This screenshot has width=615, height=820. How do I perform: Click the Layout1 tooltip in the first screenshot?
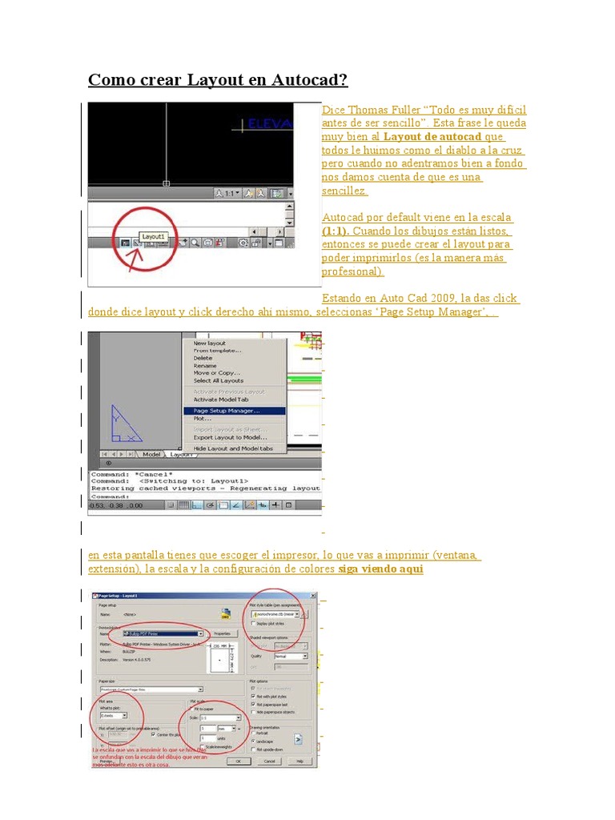point(153,237)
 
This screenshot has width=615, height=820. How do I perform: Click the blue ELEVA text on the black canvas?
point(271,124)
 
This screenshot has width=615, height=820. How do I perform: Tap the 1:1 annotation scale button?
point(228,193)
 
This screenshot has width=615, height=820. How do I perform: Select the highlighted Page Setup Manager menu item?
point(227,411)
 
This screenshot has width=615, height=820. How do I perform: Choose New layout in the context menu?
point(210,343)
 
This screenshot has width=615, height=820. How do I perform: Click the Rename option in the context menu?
point(205,365)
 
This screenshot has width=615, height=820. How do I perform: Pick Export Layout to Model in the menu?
point(230,437)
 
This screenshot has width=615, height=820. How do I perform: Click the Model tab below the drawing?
point(151,454)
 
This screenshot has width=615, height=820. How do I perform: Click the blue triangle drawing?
point(125,425)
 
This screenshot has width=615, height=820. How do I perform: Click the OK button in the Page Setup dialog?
point(238,762)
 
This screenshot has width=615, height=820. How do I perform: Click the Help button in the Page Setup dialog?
point(299,762)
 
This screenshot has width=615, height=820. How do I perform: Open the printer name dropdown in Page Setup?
point(200,633)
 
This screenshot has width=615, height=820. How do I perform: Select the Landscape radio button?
point(253,741)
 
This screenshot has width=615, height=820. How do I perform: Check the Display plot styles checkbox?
point(254,622)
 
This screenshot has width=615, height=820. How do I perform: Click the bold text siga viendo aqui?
point(380,569)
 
